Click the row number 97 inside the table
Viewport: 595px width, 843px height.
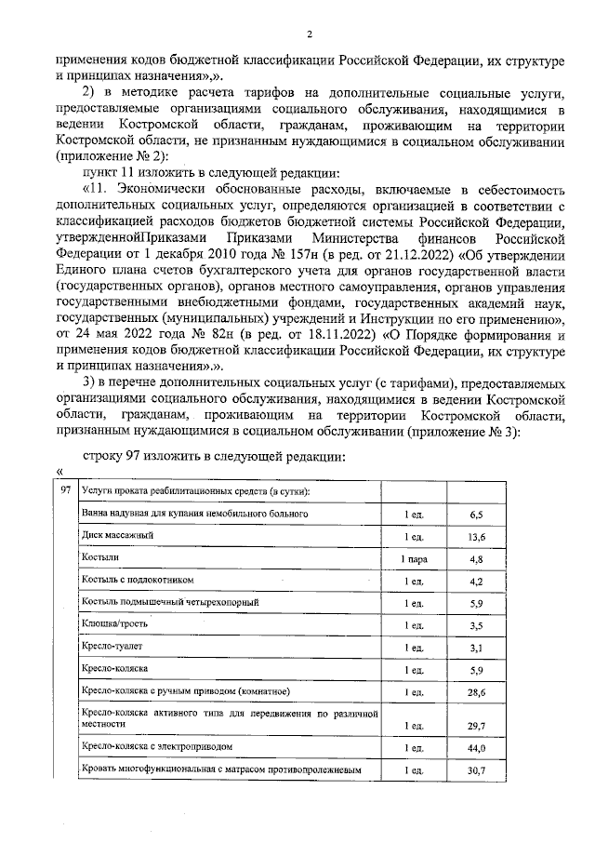[x=63, y=490]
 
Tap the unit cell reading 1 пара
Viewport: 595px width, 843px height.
[x=414, y=559]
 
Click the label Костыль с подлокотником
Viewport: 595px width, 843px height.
[x=138, y=581]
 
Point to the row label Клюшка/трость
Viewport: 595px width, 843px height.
[x=114, y=624]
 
